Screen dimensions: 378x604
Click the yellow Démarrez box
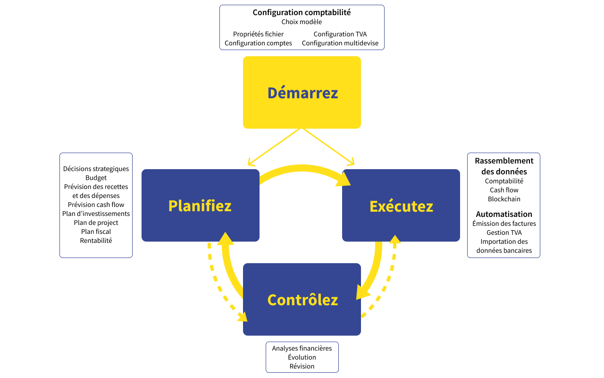point(302,93)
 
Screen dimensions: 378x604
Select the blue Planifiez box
point(200,206)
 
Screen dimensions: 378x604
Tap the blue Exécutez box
point(401,206)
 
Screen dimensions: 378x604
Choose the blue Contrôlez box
point(302,300)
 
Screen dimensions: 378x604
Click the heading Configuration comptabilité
point(302,12)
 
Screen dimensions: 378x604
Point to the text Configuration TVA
point(340,34)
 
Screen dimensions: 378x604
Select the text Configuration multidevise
point(340,43)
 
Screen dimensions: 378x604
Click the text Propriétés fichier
point(258,34)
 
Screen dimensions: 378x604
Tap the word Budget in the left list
point(96,178)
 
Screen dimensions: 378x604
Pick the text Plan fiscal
point(96,232)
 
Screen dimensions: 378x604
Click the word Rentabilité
point(96,241)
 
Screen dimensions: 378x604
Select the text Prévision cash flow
point(96,205)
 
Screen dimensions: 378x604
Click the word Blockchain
point(504,199)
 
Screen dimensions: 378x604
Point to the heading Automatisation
point(504,214)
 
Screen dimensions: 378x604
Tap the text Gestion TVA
point(504,232)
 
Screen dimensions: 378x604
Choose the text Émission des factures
point(504,223)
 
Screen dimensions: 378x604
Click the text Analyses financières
point(302,348)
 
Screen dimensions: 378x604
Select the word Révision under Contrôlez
point(302,366)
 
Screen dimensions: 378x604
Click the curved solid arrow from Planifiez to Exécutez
point(302,168)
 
